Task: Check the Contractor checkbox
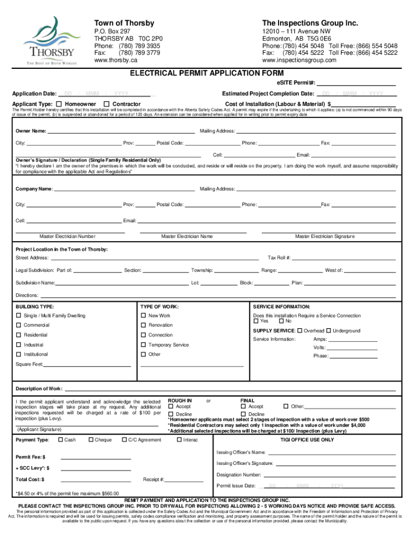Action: [x=106, y=104]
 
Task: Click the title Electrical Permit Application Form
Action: [x=207, y=73]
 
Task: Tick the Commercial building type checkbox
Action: [x=19, y=325]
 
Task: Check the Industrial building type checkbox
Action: [x=19, y=345]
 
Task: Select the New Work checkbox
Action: [x=144, y=316]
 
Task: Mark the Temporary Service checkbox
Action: [x=144, y=345]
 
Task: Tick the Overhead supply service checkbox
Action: [x=299, y=330]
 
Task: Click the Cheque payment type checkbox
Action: [x=91, y=440]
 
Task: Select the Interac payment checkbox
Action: [x=179, y=440]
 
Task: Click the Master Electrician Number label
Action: [x=68, y=237]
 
